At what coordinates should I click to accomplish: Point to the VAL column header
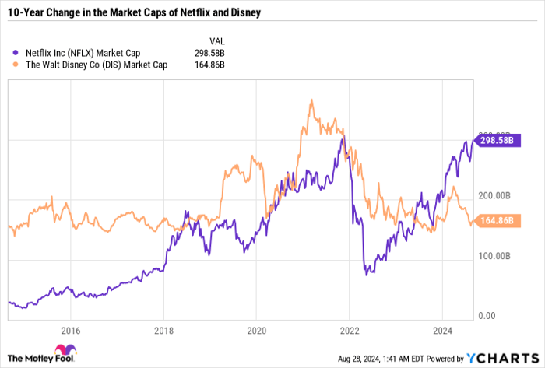[216, 40]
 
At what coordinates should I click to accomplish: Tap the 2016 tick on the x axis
[70, 328]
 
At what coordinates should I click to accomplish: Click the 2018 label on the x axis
[163, 328]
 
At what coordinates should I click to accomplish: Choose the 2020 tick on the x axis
[256, 328]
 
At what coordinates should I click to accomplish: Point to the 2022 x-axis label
[349, 328]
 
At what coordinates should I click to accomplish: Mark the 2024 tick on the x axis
[441, 328]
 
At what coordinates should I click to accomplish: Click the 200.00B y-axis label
[495, 195]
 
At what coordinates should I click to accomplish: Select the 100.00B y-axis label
[495, 255]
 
